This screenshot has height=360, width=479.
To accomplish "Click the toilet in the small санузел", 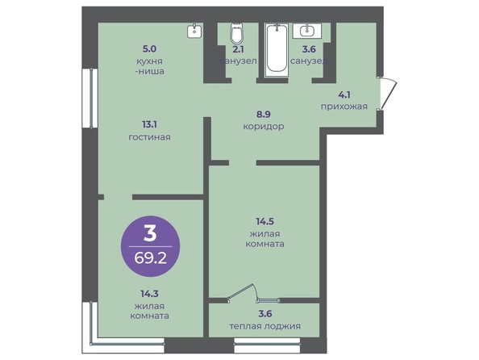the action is coord(237,34).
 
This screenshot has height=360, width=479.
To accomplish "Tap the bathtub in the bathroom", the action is coord(277,49).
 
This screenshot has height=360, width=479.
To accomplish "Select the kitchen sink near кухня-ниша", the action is coord(194,31).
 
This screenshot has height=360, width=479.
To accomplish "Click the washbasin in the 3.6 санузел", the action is coord(307,31).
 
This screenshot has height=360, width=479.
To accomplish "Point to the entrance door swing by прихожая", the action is coord(388,94).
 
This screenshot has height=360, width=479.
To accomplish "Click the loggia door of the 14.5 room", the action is coord(242,292).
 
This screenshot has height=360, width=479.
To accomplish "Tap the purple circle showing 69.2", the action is coord(150,246).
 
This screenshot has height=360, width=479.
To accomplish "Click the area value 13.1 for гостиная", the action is coord(150,125).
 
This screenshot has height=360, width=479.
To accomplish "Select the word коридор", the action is coord(264,126).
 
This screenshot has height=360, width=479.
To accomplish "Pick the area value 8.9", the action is coord(264,115).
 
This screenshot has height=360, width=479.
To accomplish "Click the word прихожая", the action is coord(344,107).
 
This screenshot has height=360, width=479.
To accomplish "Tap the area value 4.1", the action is coord(344,94).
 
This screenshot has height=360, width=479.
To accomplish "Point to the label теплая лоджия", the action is coord(264,326).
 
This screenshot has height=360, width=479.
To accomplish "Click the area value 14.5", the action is coord(264,221).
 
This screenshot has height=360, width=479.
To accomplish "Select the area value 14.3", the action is coord(149,294).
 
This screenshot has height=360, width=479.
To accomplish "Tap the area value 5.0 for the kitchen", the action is coord(149,49).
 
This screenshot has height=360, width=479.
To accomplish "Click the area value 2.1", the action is coord(239,49).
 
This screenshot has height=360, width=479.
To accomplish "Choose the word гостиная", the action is coord(149,137).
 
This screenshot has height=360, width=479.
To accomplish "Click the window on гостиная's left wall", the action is coord(90,98).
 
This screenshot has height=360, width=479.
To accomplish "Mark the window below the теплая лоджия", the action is coord(267,345).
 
